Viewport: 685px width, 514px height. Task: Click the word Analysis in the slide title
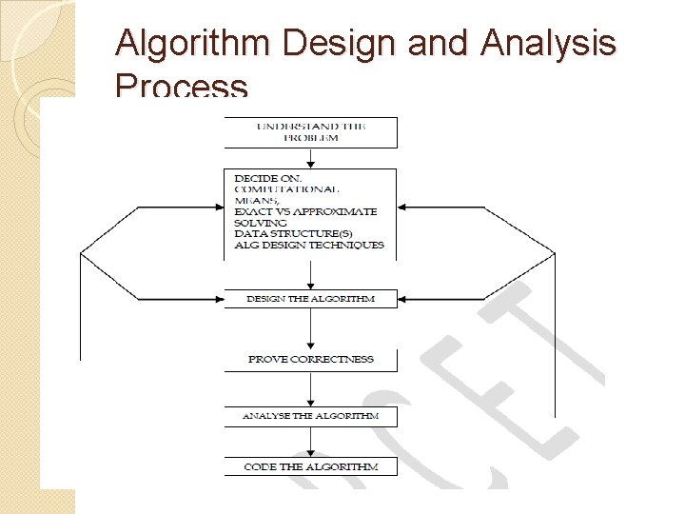[550, 44]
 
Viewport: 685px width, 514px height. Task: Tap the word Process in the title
[181, 88]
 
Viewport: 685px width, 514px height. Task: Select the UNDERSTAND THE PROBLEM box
[310, 132]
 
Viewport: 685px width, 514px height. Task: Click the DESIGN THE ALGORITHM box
[310, 299]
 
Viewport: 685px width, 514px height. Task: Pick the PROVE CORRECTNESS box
[310, 360]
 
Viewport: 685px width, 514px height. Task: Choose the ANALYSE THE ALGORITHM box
[310, 416]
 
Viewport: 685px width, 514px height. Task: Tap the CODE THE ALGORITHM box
[310, 466]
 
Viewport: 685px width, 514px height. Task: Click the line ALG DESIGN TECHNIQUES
[309, 245]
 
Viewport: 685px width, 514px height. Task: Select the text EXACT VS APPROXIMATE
[305, 211]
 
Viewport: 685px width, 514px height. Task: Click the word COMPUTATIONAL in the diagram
[286, 189]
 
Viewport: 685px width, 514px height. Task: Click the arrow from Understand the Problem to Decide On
[310, 158]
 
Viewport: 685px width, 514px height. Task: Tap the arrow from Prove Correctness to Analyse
[310, 388]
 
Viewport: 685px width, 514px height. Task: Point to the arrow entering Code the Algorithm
[310, 443]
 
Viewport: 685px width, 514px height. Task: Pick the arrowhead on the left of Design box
[218, 299]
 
